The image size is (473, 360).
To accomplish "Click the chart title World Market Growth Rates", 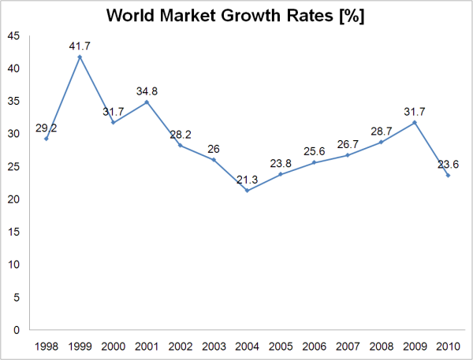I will coord(235,15).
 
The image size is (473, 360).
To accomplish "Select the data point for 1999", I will coord(80,57).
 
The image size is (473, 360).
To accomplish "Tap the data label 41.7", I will coord(80,46).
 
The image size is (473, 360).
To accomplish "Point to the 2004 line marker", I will coord(248,191).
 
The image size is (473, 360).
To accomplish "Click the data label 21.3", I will coord(248,180).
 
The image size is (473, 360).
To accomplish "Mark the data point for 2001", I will coord(147,102).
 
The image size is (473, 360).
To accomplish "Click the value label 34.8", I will coord(147,91).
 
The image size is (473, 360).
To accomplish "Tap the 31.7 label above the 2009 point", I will coord(415,111).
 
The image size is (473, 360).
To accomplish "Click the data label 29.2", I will coord(46,128).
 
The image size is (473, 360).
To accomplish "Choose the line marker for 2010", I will coord(449,175).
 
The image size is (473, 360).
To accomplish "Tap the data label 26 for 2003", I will coord(214,149).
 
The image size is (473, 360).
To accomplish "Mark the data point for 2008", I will coord(382,142).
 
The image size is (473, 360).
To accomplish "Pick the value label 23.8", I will coord(281,164).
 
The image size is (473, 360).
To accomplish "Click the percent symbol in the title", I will coord(350,15).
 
